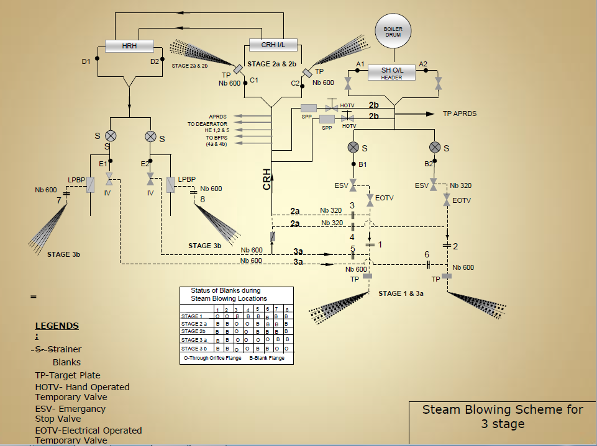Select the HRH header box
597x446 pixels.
(129, 47)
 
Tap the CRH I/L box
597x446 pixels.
(273, 44)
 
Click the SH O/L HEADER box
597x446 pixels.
(392, 73)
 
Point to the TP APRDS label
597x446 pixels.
(460, 114)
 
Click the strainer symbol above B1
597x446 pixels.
(353, 147)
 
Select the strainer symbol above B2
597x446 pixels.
(435, 147)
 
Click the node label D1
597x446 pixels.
(86, 61)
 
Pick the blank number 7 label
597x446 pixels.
(59, 200)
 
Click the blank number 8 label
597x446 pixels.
(202, 199)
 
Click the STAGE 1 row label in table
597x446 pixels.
(192, 316)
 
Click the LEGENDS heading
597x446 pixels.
(57, 326)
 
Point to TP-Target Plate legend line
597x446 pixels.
(68, 375)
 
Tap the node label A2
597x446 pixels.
(423, 64)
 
